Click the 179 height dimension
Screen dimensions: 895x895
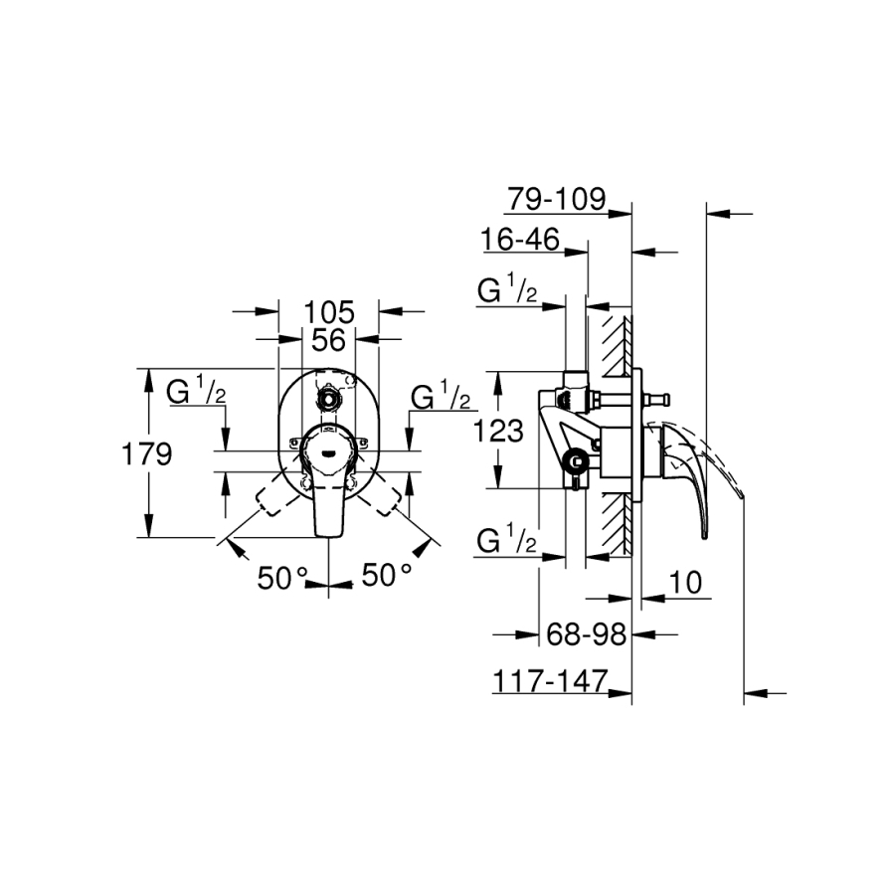point(147,454)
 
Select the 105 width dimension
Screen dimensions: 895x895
point(329,312)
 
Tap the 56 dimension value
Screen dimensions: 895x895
point(329,340)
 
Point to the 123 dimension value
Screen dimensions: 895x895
point(498,431)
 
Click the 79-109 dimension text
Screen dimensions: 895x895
point(557,199)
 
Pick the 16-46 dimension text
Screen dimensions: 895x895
point(520,240)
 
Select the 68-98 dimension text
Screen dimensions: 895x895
point(586,634)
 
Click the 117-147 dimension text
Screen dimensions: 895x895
point(550,681)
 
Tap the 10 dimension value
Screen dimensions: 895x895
point(685,583)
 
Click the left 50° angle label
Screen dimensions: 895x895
point(282,578)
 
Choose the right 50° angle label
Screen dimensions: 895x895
point(387,575)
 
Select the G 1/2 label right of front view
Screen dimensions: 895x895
point(441,396)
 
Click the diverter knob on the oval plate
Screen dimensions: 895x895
point(328,398)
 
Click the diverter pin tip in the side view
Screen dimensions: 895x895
point(665,399)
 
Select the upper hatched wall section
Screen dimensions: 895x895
point(616,346)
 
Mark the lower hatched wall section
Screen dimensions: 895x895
point(616,524)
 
